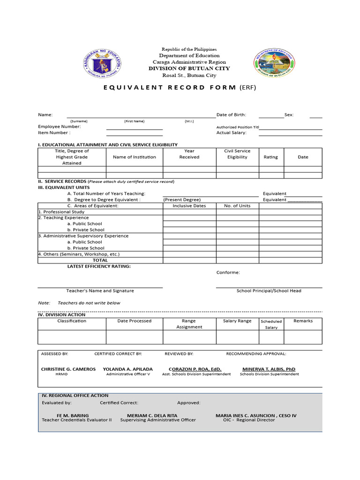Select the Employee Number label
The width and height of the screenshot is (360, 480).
(x=59, y=127)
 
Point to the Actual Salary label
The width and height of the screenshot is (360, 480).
(x=231, y=133)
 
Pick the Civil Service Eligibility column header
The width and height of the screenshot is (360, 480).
(x=237, y=154)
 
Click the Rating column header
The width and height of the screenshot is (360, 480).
(x=270, y=157)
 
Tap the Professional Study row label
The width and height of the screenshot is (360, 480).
(x=61, y=212)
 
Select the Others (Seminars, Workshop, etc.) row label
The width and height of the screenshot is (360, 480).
(x=79, y=254)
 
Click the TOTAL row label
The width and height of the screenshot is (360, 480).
(x=100, y=260)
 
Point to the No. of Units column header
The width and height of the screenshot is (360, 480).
(x=237, y=206)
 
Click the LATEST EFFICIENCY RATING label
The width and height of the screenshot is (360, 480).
(x=99, y=266)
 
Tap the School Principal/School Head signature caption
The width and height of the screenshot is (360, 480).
(x=269, y=291)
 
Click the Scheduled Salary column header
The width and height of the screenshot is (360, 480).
(x=271, y=324)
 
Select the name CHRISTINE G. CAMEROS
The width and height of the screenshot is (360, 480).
(x=68, y=369)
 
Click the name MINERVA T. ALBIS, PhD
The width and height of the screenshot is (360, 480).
(x=269, y=369)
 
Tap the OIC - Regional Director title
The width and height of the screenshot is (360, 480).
(x=249, y=420)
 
